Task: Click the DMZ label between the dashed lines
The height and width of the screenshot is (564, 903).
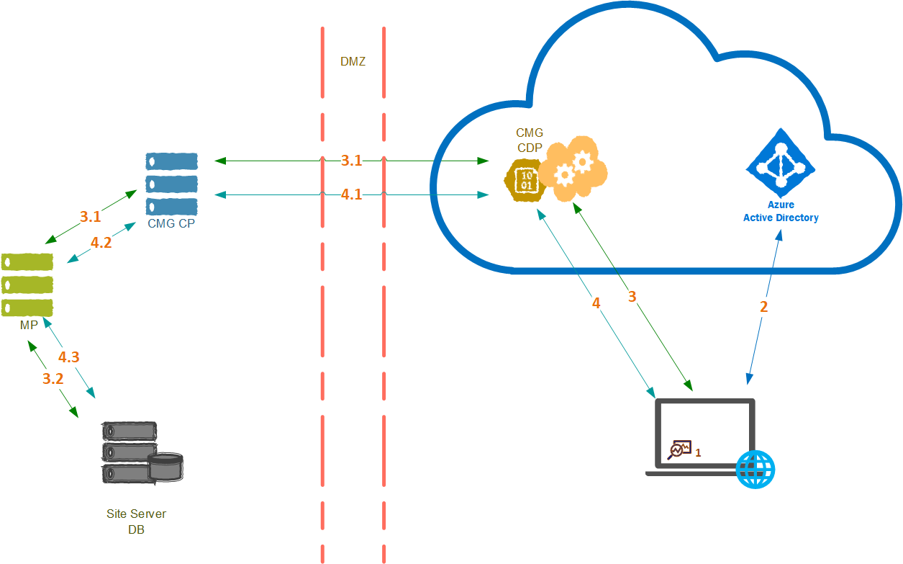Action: click(x=353, y=62)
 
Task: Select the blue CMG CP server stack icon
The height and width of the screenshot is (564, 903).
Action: click(x=171, y=183)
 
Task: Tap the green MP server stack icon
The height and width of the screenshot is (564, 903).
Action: click(x=27, y=284)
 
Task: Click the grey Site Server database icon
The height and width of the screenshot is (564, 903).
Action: click(x=142, y=452)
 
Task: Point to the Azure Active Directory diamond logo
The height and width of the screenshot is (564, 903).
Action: click(x=781, y=164)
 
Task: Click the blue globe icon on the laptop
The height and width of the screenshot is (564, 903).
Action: click(x=755, y=470)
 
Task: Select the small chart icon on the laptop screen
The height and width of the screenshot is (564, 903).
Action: click(x=679, y=450)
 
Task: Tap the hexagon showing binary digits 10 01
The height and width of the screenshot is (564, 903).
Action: click(x=526, y=180)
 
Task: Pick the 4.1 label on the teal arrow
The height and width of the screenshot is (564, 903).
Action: click(x=351, y=194)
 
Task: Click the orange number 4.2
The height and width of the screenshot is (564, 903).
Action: click(x=101, y=243)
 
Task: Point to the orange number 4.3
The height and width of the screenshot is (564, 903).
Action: click(x=69, y=357)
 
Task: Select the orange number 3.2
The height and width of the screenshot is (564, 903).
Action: click(x=53, y=379)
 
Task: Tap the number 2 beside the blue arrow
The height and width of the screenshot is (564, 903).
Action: click(x=764, y=306)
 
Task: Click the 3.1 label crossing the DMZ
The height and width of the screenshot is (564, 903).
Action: click(x=351, y=161)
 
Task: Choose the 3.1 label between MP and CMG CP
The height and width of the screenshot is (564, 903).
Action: click(x=90, y=216)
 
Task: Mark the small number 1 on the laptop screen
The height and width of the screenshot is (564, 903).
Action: click(x=698, y=452)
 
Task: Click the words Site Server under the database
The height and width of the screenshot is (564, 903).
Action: click(x=136, y=514)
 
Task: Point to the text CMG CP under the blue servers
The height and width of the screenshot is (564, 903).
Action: click(x=171, y=223)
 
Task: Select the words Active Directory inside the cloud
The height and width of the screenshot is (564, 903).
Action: click(x=781, y=218)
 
